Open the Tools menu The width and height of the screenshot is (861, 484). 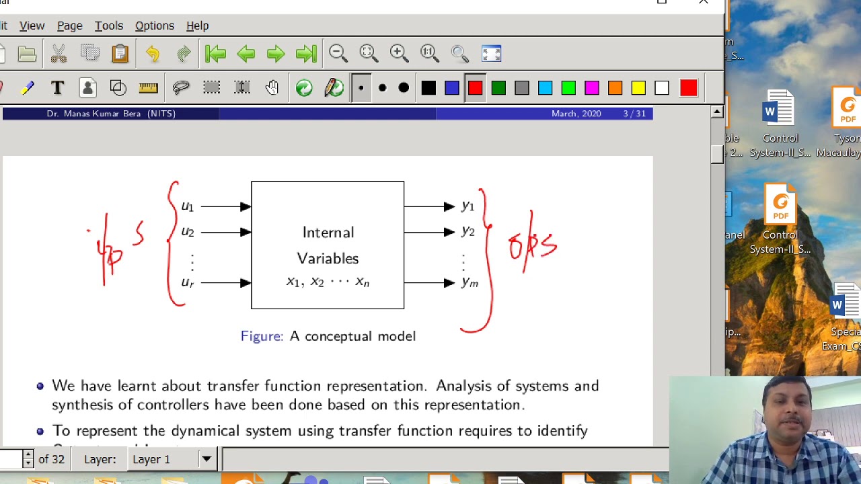[108, 26]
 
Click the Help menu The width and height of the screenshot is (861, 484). [197, 26]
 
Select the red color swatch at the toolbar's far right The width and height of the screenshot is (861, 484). [688, 88]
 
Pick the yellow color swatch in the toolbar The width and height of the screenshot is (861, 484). [638, 88]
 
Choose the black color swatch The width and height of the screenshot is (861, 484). [428, 88]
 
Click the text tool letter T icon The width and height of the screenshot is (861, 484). [57, 88]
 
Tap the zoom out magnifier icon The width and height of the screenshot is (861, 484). [338, 53]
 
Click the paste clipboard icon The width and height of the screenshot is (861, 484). [120, 53]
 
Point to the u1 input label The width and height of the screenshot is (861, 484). [187, 206]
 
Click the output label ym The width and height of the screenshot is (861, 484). [470, 283]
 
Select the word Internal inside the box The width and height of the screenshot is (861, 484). [328, 233]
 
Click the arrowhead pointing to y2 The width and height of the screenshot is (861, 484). [449, 232]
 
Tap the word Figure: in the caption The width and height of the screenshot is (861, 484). [262, 336]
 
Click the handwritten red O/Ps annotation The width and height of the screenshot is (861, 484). [533, 245]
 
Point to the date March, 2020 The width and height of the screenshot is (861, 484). [576, 114]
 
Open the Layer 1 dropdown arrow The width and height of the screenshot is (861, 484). [207, 459]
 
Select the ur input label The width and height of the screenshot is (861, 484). [187, 283]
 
